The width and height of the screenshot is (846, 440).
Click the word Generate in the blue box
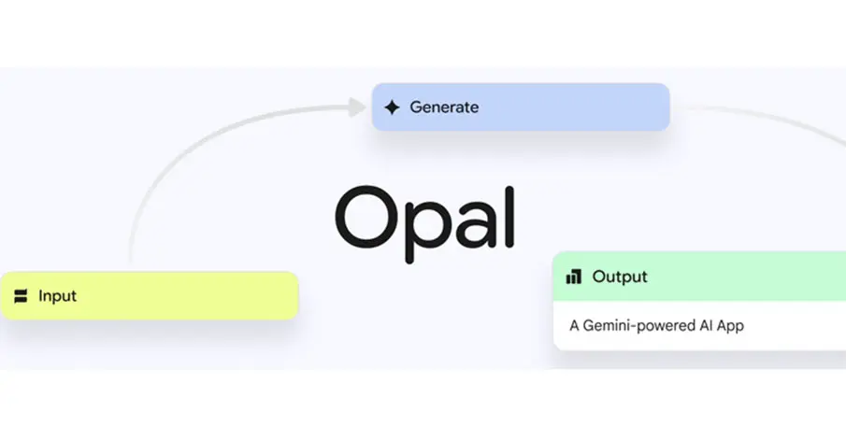click(444, 107)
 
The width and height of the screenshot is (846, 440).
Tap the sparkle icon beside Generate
click(393, 107)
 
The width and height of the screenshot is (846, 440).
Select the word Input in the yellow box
click(57, 296)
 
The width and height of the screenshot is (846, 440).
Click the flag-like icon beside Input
click(21, 296)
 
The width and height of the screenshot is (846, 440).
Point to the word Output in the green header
click(620, 277)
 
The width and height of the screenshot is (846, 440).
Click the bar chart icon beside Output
click(574, 277)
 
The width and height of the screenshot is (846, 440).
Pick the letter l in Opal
click(509, 217)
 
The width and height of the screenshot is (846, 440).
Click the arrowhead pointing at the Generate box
click(357, 107)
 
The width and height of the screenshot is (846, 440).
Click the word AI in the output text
click(707, 325)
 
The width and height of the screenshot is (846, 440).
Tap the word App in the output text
click(730, 326)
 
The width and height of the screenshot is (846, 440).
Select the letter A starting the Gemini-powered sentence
click(574, 326)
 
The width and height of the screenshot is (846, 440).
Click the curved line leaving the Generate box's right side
click(767, 117)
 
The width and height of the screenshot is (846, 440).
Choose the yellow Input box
click(150, 296)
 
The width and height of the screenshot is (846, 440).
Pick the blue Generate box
click(521, 106)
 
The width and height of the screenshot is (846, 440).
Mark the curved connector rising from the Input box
click(190, 145)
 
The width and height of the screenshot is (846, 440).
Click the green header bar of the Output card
click(699, 277)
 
